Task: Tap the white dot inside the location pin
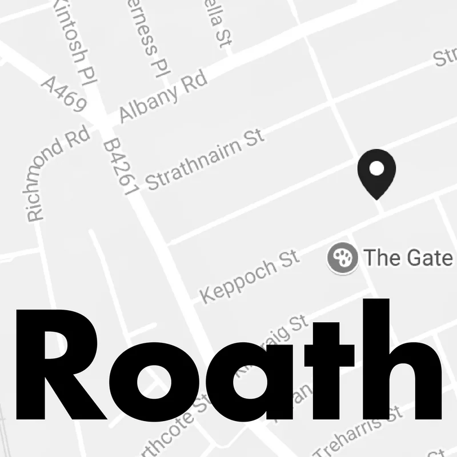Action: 376,169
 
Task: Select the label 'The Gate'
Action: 407,258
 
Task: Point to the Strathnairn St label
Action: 205,160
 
